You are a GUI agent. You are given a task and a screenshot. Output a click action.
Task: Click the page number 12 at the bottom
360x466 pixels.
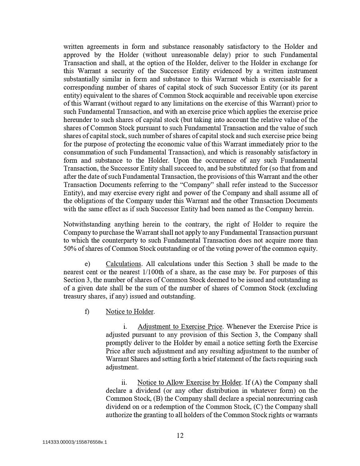point(180,436)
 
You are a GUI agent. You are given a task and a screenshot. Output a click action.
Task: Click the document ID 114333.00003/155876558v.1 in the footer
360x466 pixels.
point(75,442)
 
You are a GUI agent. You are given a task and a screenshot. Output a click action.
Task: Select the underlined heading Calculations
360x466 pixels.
point(124,264)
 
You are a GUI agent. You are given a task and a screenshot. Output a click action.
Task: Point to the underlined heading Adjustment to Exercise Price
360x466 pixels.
point(180,327)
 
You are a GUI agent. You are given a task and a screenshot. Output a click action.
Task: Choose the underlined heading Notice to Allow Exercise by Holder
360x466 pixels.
point(189,383)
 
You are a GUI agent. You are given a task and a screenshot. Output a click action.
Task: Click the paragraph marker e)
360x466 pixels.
point(87,264)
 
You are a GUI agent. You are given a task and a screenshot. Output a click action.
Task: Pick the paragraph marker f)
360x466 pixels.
point(87,312)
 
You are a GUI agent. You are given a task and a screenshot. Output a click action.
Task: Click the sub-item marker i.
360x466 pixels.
point(125,327)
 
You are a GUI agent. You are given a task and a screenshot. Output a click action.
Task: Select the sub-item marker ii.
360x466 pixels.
point(124,383)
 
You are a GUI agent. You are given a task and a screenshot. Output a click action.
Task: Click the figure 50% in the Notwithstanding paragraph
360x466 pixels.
point(70,248)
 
